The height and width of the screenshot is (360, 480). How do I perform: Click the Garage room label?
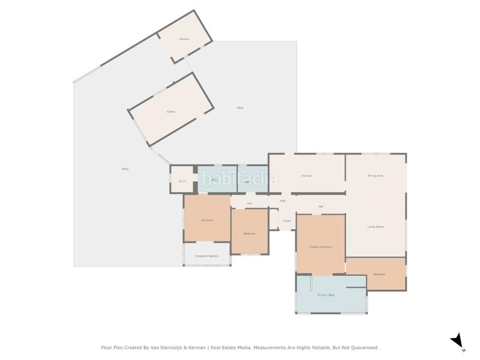coord(184,39)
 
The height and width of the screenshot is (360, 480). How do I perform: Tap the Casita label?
coord(171,112)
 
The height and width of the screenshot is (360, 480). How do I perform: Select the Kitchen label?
coord(306,176)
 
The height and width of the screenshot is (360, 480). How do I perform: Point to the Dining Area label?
coord(376,176)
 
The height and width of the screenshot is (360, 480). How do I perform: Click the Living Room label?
coord(376,227)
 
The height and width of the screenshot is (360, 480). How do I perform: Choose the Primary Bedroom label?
coord(320,247)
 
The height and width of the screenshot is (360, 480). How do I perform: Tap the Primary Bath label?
coord(326,295)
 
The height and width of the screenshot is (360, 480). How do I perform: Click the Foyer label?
coord(287,221)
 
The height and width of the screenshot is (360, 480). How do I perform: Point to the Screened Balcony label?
coord(207,256)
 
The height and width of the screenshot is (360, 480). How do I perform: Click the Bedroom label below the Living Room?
coord(379,274)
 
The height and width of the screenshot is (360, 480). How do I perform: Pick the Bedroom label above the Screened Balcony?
coord(207,220)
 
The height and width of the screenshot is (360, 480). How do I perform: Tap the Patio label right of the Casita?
coord(240,107)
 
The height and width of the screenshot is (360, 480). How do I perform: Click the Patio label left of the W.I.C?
coord(125,169)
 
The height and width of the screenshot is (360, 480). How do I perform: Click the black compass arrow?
coord(457,340)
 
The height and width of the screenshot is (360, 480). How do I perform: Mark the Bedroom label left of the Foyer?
coord(249,233)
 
